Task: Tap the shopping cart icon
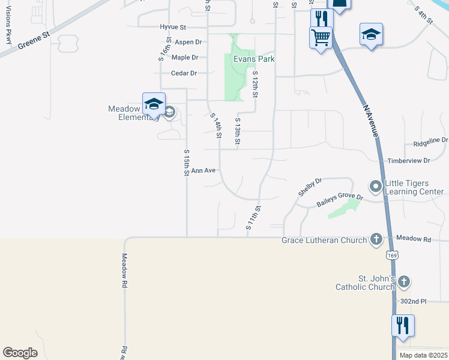pyautogui.click(x=321, y=37)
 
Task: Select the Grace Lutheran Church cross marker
pyautogui.click(x=376, y=240)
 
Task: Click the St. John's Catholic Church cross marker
pyautogui.click(x=403, y=281)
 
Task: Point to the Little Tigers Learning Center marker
pyautogui.click(x=376, y=187)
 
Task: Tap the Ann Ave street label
pyautogui.click(x=203, y=170)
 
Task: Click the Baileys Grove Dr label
pyautogui.click(x=340, y=200)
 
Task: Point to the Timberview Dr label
pyautogui.click(x=409, y=161)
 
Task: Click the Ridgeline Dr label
pyautogui.click(x=431, y=142)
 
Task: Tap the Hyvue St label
pyautogui.click(x=174, y=27)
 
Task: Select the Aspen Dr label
pyautogui.click(x=188, y=42)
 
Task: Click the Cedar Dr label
pyautogui.click(x=184, y=73)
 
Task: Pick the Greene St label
pyautogui.click(x=33, y=41)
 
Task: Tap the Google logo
pyautogui.click(x=20, y=353)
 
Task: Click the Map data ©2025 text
pyautogui.click(x=423, y=355)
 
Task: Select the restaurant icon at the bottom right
pyautogui.click(x=402, y=325)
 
